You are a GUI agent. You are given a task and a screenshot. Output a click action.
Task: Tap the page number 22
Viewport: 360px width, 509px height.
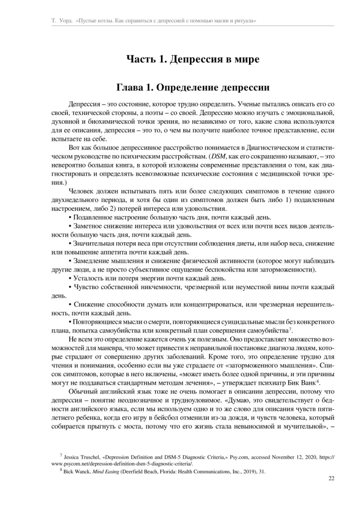pos(330,478)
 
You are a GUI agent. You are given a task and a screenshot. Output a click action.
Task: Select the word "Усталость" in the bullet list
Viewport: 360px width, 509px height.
pos(90,278)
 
